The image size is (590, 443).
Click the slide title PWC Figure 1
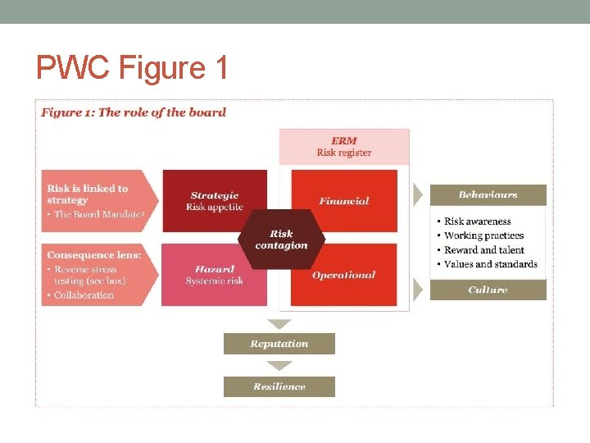tap(132, 67)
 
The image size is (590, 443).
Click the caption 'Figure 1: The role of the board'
tap(134, 112)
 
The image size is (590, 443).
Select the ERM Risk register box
tap(344, 147)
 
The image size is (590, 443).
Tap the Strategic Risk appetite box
tap(214, 201)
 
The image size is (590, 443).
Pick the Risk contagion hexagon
tap(281, 240)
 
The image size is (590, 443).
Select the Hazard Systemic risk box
tap(214, 275)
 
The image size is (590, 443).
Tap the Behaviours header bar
tap(488, 195)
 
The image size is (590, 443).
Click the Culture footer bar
tap(488, 290)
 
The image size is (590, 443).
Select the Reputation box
tap(279, 344)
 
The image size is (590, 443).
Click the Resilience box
tap(279, 386)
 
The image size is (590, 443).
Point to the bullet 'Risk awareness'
tap(477, 221)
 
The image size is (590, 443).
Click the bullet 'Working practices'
tap(483, 235)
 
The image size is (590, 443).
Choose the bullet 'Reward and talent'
tap(483, 250)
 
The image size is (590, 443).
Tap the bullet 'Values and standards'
tap(490, 264)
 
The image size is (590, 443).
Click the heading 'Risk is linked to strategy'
tap(88, 194)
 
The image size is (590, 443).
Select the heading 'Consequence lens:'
tap(93, 255)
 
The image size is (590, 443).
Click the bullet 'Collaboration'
tap(84, 295)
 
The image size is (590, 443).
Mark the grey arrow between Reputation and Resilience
tap(279, 366)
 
